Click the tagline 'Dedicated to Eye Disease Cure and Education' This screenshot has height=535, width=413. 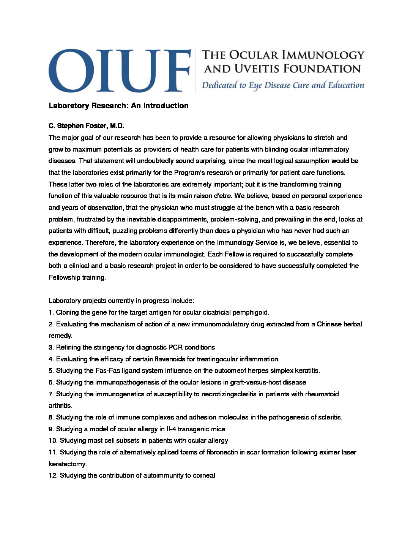click(283, 85)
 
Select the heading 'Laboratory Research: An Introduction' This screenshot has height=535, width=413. click(118, 106)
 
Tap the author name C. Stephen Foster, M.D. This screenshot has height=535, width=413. click(86, 126)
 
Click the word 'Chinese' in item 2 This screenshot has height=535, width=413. click(329, 324)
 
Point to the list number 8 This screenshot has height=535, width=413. click(51, 417)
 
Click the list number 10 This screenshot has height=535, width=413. click(53, 440)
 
